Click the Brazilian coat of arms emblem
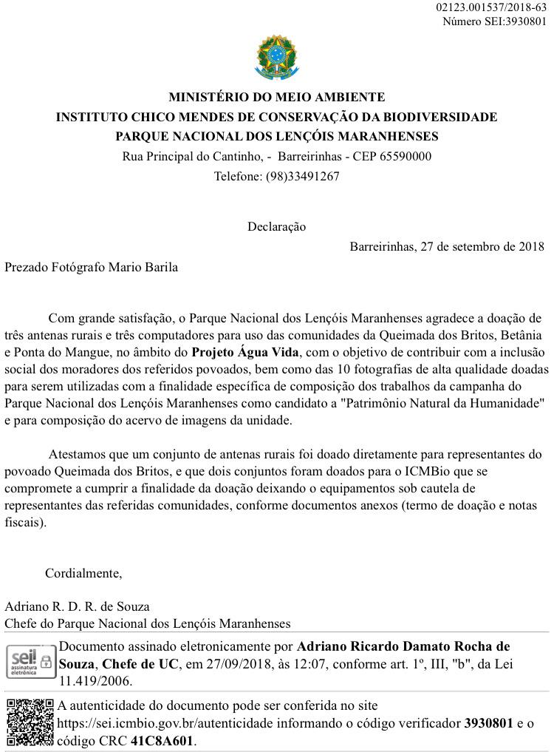tap(277, 58)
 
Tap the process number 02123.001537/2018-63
tap(491, 7)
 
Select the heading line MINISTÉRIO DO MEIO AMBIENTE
tap(277, 97)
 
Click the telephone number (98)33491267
tap(303, 176)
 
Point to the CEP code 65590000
tap(403, 156)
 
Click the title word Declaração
tap(276, 226)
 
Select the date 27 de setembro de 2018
tap(482, 246)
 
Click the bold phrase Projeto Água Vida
tap(245, 352)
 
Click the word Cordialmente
tap(83, 572)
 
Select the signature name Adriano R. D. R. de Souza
tap(77, 606)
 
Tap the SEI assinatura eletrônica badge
tap(30, 663)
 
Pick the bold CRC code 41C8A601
tap(162, 740)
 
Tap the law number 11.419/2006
tap(96, 681)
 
